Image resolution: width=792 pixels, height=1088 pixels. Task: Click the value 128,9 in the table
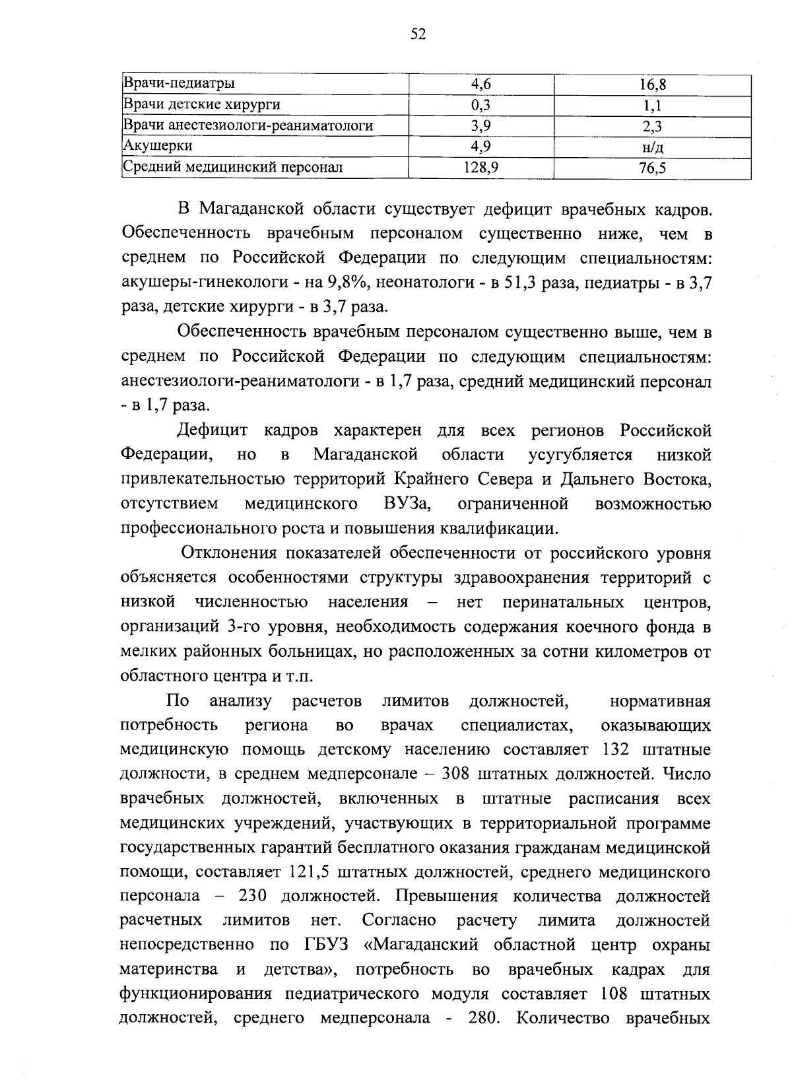(480, 168)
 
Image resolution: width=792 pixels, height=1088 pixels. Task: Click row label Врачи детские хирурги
(202, 105)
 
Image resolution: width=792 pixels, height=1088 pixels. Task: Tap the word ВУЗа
(407, 504)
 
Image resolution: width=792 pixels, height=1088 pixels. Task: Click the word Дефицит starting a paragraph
(212, 431)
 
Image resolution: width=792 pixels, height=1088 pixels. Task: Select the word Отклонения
(223, 553)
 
